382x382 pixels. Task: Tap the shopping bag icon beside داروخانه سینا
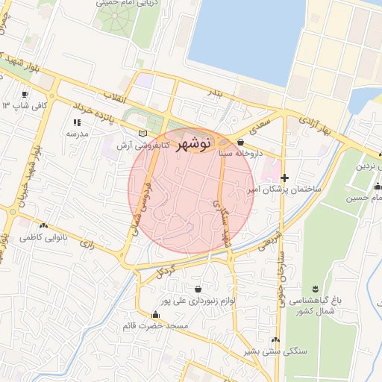click(x=240, y=142)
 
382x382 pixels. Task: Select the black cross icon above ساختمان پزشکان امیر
click(x=284, y=177)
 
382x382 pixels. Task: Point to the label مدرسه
click(x=77, y=134)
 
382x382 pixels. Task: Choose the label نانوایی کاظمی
click(x=44, y=237)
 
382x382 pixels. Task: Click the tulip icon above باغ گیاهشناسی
click(x=314, y=288)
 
